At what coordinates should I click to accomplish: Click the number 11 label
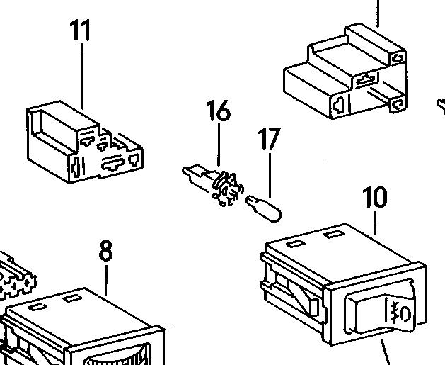pyautogui.click(x=81, y=33)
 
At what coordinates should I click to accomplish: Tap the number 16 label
pyautogui.click(x=218, y=111)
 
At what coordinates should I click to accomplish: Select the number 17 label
pyautogui.click(x=270, y=139)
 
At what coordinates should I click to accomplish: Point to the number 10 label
pyautogui.click(x=374, y=198)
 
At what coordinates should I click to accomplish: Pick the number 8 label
pyautogui.click(x=105, y=251)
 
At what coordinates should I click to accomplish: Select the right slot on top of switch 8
pyautogui.click(x=72, y=298)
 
